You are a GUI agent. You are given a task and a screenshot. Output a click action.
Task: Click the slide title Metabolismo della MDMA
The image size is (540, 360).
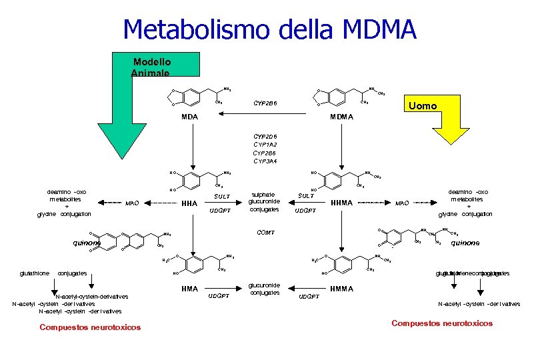tap(269, 29)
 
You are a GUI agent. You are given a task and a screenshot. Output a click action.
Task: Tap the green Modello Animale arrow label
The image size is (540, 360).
tap(151, 67)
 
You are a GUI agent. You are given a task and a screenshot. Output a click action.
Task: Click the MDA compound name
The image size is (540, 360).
tap(190, 117)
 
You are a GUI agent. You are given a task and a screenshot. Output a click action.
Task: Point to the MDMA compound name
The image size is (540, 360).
tap(341, 117)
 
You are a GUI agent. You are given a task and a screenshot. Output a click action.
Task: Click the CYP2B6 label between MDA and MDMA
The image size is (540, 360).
tap(266, 103)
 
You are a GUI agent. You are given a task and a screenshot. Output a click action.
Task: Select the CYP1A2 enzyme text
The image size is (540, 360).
tap(266, 143)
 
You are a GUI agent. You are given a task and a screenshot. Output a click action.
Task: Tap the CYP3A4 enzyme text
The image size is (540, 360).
tap(266, 161)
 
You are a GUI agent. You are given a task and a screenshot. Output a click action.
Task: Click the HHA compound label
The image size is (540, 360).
tap(189, 203)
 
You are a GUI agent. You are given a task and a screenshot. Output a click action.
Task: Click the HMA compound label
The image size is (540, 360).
tap(190, 289)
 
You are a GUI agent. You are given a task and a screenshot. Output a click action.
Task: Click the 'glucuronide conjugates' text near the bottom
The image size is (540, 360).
tap(263, 288)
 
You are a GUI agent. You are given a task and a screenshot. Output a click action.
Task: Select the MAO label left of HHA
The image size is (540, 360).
tap(133, 203)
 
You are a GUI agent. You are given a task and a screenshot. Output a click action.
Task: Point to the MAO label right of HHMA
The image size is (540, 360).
tap(403, 203)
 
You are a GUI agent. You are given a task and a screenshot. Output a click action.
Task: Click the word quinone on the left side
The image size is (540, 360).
tap(85, 243)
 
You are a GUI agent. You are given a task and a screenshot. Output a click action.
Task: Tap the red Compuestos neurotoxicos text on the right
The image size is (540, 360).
tap(442, 323)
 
